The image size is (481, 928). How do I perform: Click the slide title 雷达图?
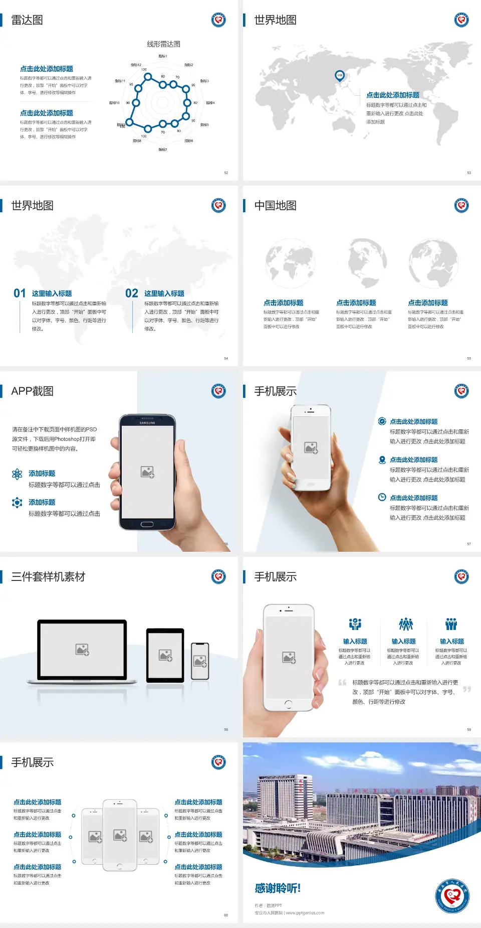(27, 20)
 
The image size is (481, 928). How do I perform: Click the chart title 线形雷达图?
(163, 44)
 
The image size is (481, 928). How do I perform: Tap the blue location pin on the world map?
(340, 76)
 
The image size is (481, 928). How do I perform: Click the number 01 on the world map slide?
(20, 293)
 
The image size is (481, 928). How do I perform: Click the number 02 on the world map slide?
(132, 293)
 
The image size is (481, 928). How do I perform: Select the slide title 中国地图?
(275, 206)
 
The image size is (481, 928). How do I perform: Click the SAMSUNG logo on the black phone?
(147, 423)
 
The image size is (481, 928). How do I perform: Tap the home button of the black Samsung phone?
(147, 524)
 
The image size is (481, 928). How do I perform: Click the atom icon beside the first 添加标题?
(17, 474)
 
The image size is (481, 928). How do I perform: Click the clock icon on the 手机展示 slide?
(382, 497)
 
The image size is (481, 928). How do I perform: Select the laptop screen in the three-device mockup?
(82, 649)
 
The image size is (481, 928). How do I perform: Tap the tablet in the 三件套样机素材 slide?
(165, 655)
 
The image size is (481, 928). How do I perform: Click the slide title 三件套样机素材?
(48, 577)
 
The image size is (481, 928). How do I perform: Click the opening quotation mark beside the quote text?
(342, 683)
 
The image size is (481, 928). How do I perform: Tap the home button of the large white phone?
(288, 704)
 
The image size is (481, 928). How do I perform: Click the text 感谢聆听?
(278, 888)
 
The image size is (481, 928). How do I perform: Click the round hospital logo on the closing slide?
(452, 895)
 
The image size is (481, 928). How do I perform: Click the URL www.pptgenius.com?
(305, 913)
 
